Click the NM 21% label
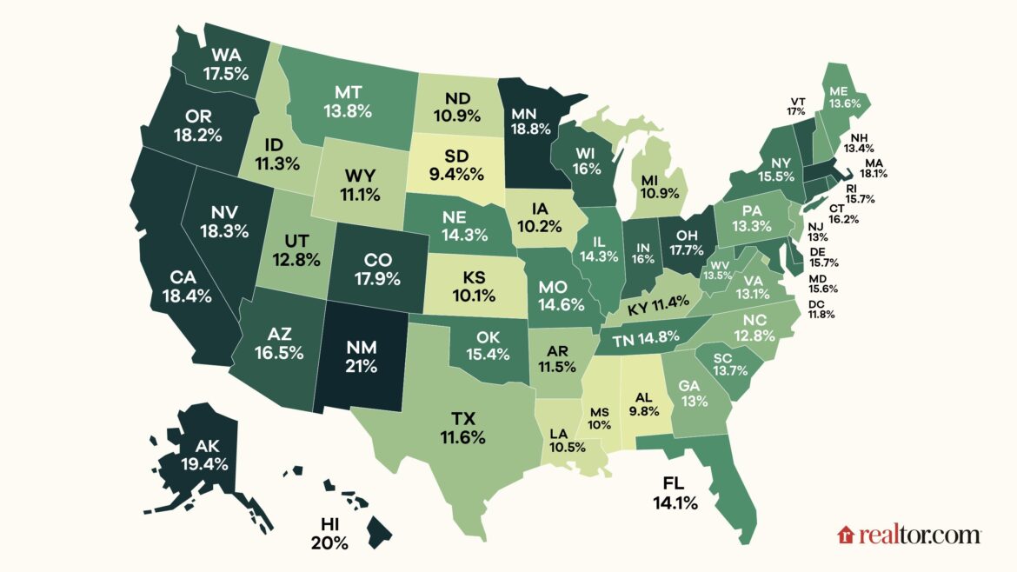point(360,356)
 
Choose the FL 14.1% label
point(675,491)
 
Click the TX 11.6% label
point(462,427)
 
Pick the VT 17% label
point(796,105)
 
